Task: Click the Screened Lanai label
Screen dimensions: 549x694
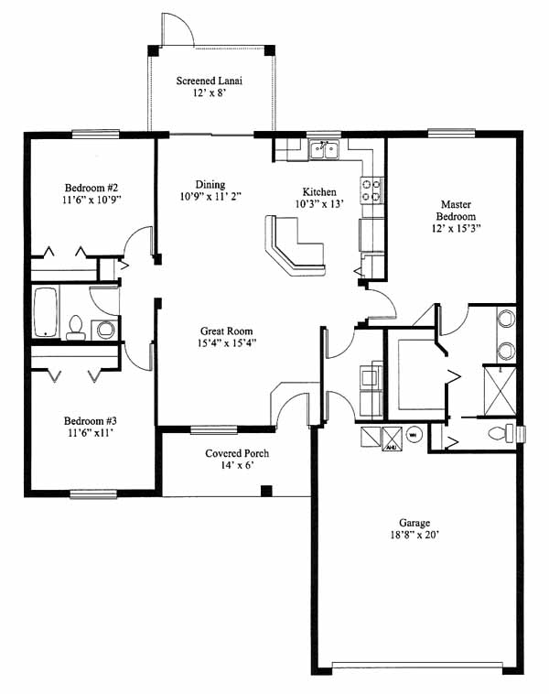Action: (210, 81)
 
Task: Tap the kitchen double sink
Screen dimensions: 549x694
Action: (324, 149)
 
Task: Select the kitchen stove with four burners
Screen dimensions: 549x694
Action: (372, 190)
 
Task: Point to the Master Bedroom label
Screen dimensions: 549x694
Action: (456, 211)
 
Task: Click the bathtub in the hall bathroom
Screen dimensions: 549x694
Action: (46, 312)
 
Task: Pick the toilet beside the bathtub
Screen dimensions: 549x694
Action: (76, 328)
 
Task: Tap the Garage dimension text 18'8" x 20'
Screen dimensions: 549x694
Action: (414, 535)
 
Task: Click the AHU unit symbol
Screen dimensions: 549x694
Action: (392, 439)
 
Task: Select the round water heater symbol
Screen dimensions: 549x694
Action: (414, 435)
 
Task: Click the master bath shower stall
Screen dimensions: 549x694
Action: (501, 391)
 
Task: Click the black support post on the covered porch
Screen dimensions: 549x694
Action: (266, 491)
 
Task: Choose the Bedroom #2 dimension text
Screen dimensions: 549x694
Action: (91, 200)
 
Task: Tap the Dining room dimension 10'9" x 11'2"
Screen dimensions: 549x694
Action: (210, 196)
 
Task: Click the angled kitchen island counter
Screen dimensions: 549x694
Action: (295, 245)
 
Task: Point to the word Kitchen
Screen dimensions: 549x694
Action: (319, 192)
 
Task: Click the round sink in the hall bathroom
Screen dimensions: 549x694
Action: (105, 330)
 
